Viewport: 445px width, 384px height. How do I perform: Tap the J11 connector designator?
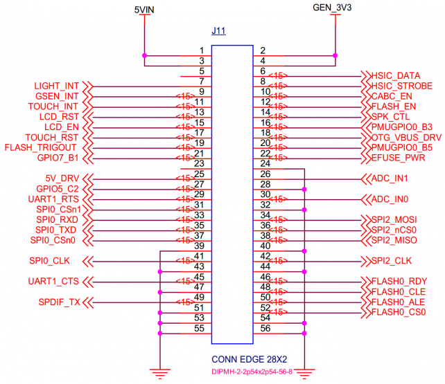click(218, 32)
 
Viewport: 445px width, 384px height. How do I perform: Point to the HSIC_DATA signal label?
click(396, 75)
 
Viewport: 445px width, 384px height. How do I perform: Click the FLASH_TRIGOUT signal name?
click(40, 147)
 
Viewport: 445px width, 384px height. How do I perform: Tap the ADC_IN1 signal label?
click(391, 179)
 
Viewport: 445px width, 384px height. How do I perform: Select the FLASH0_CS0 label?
click(399, 313)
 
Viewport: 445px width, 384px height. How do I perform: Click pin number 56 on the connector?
click(264, 329)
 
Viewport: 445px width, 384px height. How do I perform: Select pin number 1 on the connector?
click(201, 51)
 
